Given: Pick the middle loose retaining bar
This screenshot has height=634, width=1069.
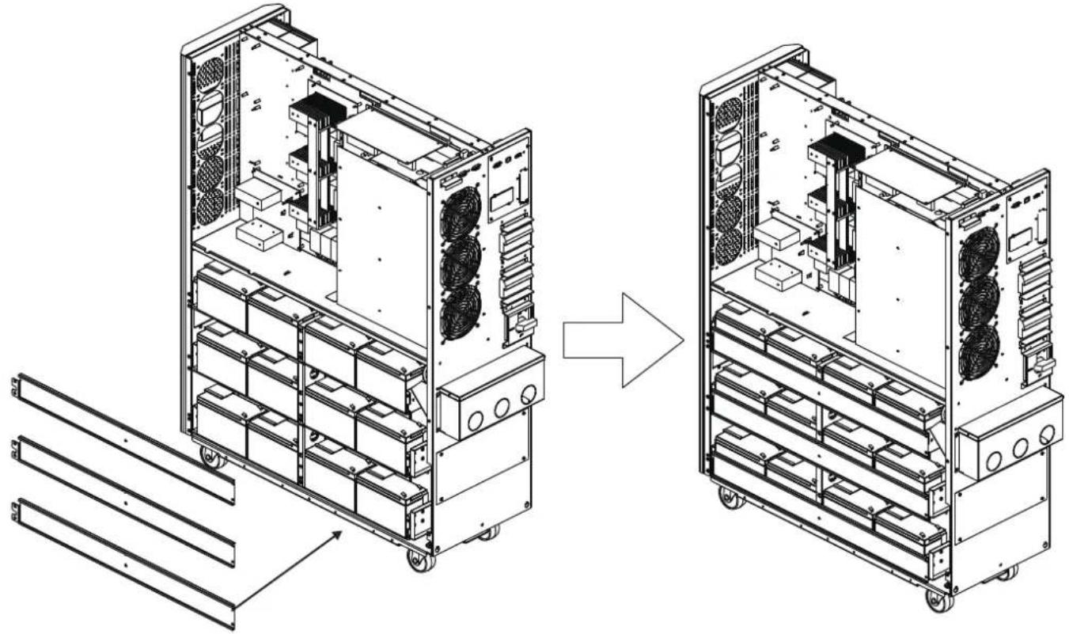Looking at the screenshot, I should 124,500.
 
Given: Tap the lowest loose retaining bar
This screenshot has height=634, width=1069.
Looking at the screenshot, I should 124,564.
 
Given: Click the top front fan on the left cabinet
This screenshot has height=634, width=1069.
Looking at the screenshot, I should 460,214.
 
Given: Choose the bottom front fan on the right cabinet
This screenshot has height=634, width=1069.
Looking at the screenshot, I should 979,352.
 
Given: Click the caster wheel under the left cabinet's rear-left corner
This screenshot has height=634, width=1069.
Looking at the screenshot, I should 210,458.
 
